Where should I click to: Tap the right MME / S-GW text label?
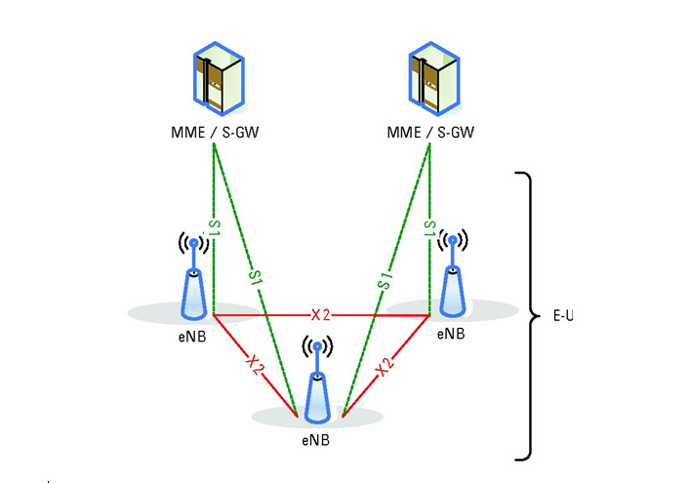click(430, 132)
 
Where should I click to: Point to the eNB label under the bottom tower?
click(316, 440)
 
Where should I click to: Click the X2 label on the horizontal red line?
click(322, 315)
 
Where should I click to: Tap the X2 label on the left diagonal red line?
click(256, 365)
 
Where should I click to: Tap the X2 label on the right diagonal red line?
click(385, 366)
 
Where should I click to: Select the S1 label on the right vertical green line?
click(429, 228)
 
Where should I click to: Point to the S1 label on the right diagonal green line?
click(385, 277)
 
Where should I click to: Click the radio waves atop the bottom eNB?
click(316, 347)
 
